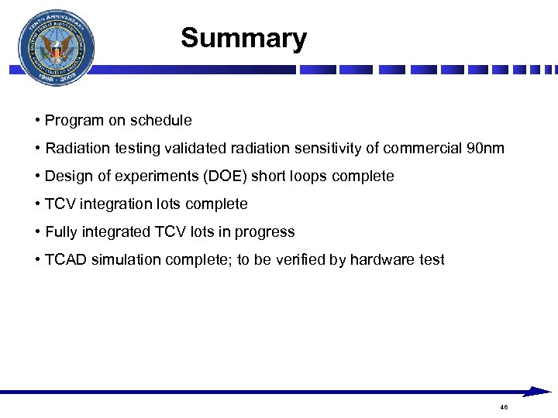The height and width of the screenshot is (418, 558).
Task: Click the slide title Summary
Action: click(243, 38)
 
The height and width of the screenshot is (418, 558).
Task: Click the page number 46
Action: click(504, 407)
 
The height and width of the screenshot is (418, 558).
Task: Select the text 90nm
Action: click(486, 149)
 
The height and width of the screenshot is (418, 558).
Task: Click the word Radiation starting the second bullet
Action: click(77, 149)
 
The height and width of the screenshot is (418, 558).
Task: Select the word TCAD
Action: click(66, 260)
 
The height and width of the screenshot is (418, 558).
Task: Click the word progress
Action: click(267, 232)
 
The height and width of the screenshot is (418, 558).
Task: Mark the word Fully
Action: click(61, 232)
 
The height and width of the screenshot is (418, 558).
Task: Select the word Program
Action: click(74, 121)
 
